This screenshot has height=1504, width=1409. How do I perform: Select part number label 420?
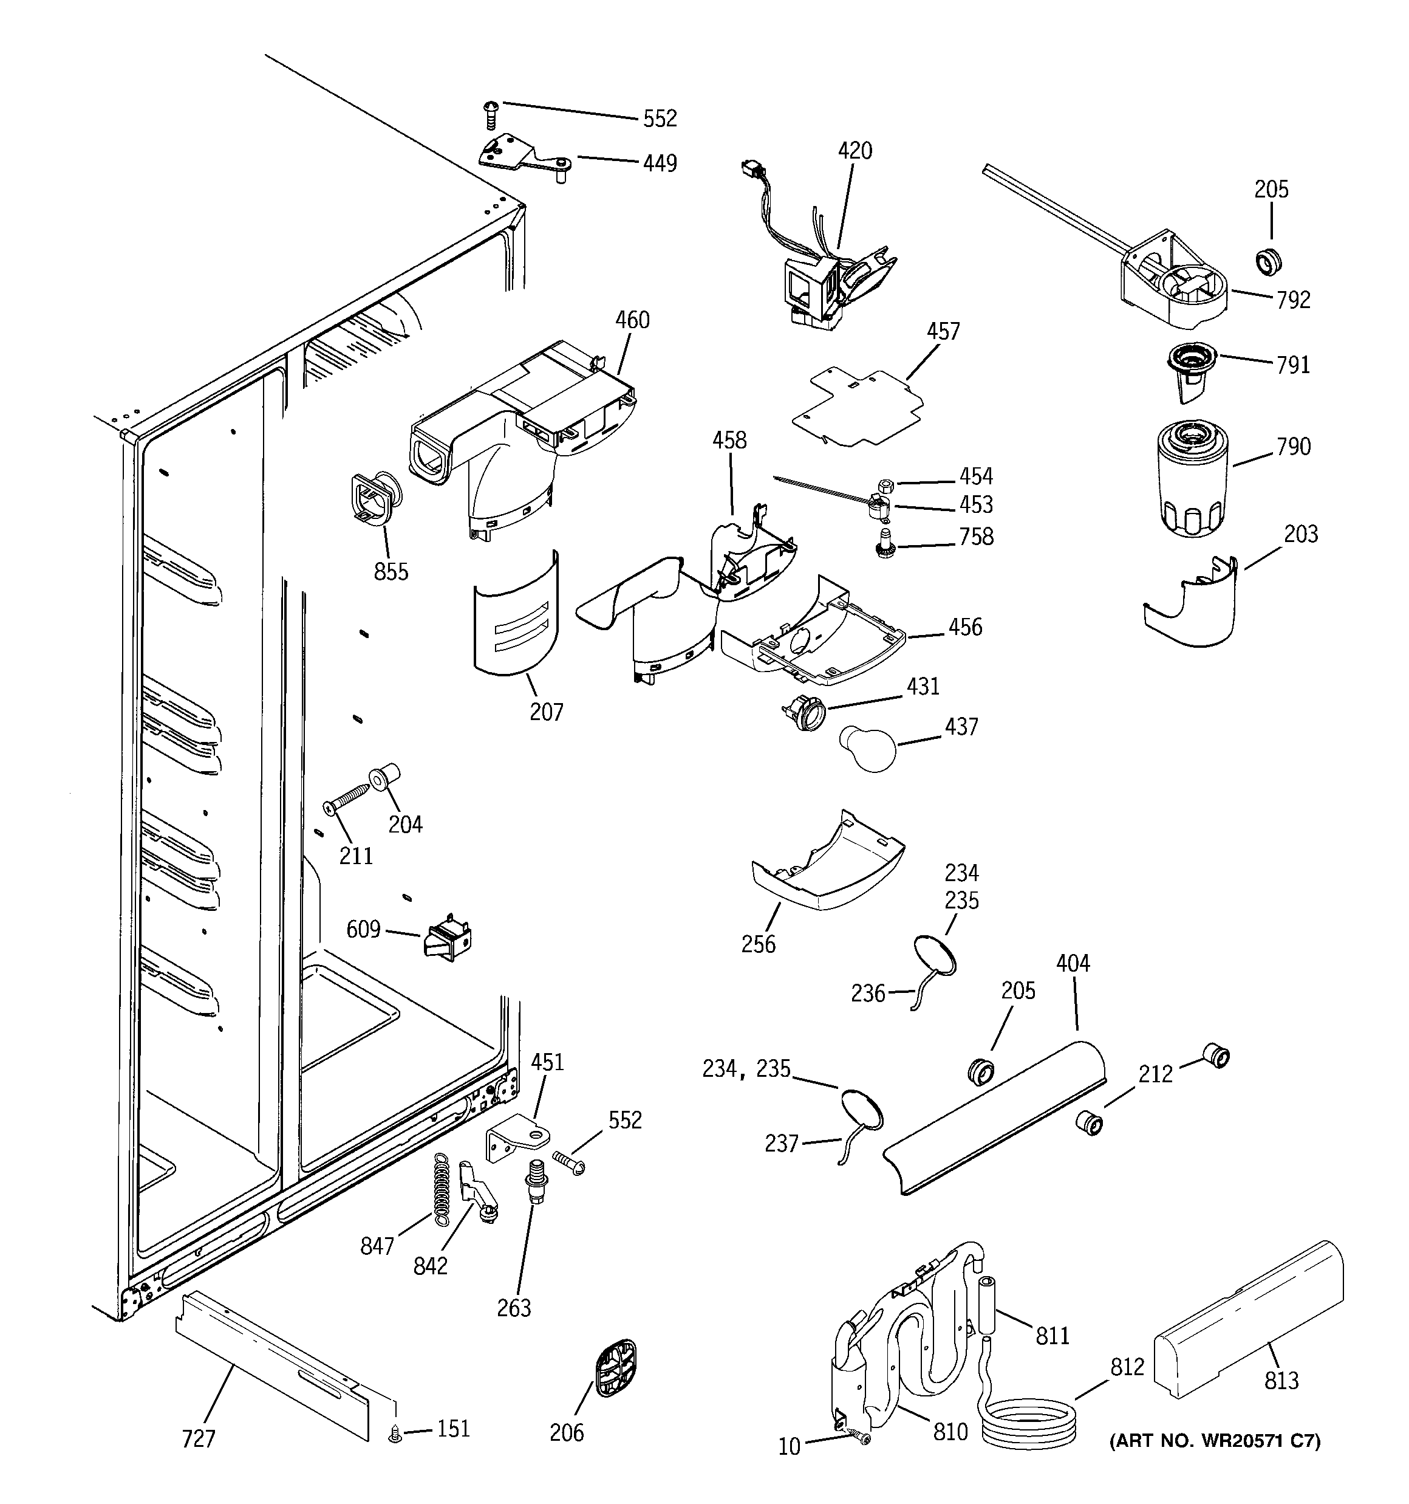tap(855, 151)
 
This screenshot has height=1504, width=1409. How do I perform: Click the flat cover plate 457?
tap(858, 407)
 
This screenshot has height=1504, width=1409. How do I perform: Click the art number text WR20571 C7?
tap(1215, 1441)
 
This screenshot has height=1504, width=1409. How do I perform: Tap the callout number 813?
tap(1281, 1381)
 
